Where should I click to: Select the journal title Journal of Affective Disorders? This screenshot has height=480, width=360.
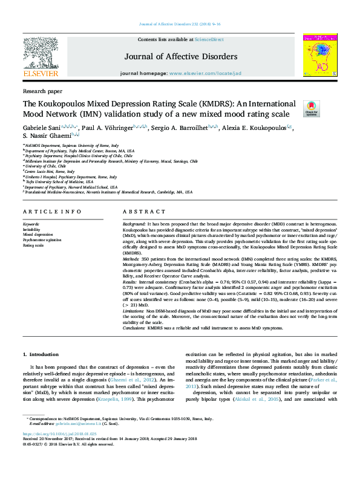click(181, 57)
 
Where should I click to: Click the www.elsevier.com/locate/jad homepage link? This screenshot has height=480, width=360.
click(205, 73)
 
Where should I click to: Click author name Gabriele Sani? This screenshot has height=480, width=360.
click(42, 129)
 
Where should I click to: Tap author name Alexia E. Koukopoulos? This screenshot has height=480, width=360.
click(254, 129)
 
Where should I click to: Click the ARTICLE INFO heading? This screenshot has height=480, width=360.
click(51, 211)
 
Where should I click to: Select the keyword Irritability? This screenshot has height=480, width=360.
click(33, 229)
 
